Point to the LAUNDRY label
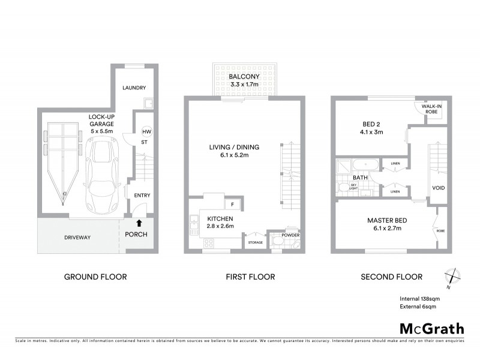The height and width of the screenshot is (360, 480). [x=134, y=88]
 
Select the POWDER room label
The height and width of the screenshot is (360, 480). [x=290, y=235]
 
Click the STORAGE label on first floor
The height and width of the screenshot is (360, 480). [x=255, y=242]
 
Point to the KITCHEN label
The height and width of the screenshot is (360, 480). [x=220, y=218]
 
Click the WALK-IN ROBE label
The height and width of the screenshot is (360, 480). [x=431, y=109]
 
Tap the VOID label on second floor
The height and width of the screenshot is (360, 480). [x=439, y=188]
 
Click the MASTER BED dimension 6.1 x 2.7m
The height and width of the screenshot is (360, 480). [x=383, y=229]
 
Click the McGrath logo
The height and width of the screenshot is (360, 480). [x=431, y=328]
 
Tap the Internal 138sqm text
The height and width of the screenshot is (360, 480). [x=421, y=298]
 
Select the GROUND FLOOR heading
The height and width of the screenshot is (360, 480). [x=95, y=277]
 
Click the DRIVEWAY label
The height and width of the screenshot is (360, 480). [x=77, y=238]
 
